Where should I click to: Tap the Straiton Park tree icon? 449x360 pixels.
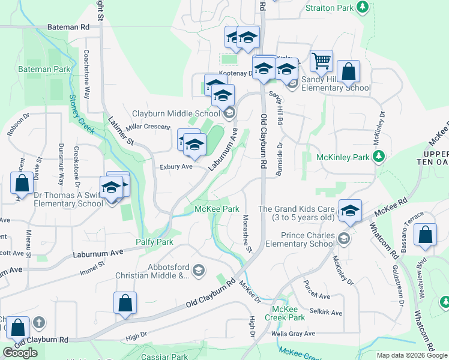click(x=362, y=7)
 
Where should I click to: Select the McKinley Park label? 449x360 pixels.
click(x=343, y=157)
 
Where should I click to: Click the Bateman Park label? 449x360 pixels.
click(x=44, y=70)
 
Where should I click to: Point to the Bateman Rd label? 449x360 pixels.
click(x=68, y=28)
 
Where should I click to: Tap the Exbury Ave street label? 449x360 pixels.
click(x=175, y=167)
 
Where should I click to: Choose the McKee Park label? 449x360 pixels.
click(x=217, y=209)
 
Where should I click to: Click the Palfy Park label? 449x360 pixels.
click(x=154, y=242)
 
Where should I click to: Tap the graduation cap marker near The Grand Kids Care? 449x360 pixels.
click(x=350, y=211)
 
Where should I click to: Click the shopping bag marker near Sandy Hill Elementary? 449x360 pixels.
click(x=348, y=71)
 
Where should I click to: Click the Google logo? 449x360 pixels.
click(x=19, y=353)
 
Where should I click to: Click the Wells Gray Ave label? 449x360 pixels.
click(x=294, y=334)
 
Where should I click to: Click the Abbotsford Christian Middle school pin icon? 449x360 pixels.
click(x=198, y=271)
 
